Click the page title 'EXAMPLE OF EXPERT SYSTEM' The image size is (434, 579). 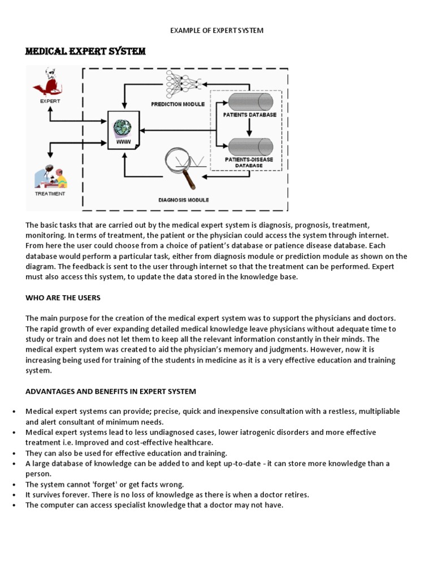click(x=217, y=30)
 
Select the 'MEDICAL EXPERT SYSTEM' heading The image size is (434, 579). click(x=85, y=52)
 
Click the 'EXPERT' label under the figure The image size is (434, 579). click(x=50, y=101)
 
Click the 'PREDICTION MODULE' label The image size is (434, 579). click(x=177, y=104)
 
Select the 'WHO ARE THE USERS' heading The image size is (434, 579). click(x=63, y=297)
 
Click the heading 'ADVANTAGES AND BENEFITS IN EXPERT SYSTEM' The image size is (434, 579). click(x=110, y=391)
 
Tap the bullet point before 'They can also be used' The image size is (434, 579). click(x=14, y=453)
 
